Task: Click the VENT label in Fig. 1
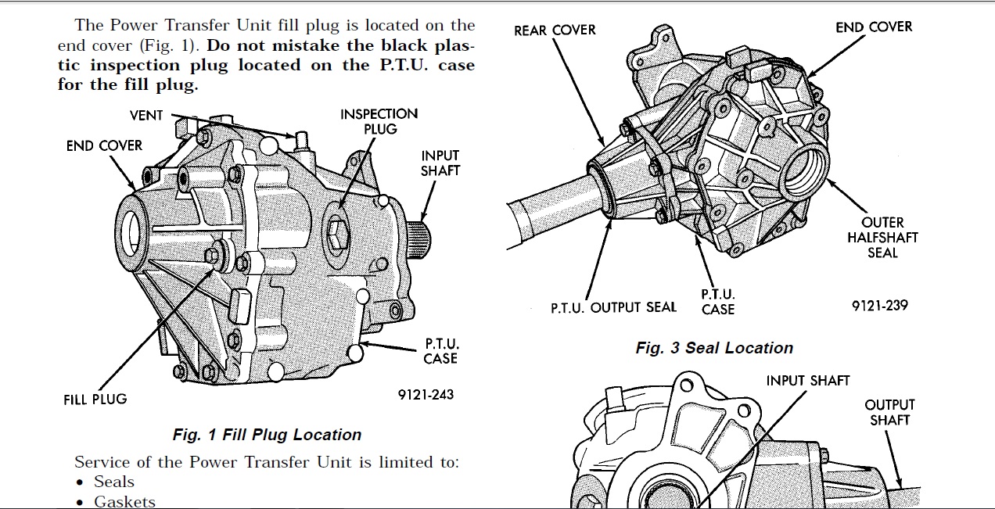146,116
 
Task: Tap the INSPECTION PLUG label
379,121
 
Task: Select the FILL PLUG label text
95,400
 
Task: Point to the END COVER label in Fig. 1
104,146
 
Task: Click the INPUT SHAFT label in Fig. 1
440,163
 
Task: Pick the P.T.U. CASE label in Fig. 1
440,351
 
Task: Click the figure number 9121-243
426,395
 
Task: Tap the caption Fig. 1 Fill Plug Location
267,435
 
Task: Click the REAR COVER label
555,30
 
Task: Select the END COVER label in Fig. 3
874,27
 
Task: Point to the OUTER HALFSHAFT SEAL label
882,238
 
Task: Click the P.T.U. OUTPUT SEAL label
614,307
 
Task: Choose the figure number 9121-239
880,306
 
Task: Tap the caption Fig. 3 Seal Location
714,349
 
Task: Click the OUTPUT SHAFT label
889,412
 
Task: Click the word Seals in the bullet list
114,482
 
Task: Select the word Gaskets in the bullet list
124,501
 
